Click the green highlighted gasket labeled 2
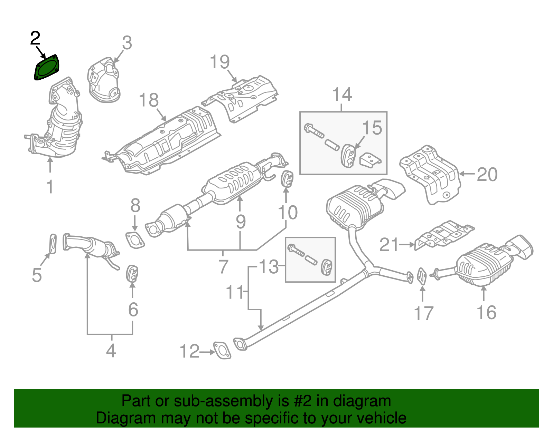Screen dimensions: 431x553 coord(47,68)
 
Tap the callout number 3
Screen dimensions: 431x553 coord(127,43)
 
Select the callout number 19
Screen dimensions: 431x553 coord(219,62)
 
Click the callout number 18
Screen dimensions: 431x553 coord(149,100)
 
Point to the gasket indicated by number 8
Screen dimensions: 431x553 coord(135,240)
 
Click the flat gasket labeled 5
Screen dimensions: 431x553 coord(53,244)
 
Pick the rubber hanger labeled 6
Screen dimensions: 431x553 coord(132,273)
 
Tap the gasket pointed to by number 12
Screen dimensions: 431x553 coord(222,350)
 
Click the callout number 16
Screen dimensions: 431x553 coord(486,312)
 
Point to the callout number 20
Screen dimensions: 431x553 coord(487,175)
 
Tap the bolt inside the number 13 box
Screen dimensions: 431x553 coord(296,250)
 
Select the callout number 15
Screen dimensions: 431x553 coord(372,128)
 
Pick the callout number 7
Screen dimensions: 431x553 coord(223,266)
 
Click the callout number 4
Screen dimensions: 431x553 coord(111,351)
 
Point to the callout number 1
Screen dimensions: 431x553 coord(50,187)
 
